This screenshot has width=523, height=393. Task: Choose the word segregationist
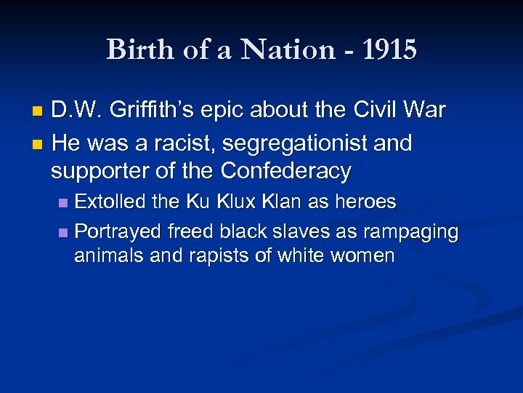point(293,143)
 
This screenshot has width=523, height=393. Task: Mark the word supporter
point(97,171)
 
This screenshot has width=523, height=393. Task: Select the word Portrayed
point(118,231)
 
